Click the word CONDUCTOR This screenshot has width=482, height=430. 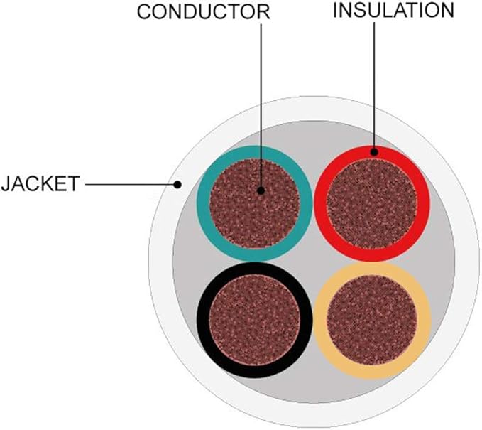[204, 12]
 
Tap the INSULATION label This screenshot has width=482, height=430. [393, 10]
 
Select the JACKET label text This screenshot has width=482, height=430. [40, 184]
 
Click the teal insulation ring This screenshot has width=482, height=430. [203, 203]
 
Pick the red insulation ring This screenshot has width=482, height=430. [320, 203]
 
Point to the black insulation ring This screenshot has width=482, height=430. [203, 320]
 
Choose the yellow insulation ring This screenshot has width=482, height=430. [321, 320]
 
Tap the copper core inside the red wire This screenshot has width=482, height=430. [372, 204]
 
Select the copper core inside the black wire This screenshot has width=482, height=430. [255, 320]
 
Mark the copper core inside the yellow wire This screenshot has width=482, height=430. [372, 320]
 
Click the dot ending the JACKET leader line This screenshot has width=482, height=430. [177, 185]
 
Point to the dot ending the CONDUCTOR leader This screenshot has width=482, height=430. [261, 191]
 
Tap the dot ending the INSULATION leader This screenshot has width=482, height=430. [374, 152]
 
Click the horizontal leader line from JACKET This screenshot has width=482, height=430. [129, 185]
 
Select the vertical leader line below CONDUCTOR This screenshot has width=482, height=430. [261, 106]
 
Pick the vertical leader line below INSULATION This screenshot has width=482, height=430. [374, 85]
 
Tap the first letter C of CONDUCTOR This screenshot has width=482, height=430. [145, 12]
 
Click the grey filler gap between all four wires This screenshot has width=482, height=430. [313, 262]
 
